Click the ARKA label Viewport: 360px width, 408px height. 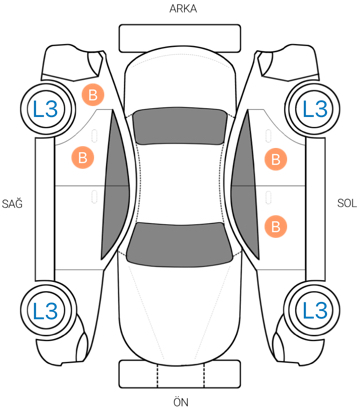(x=183, y=9)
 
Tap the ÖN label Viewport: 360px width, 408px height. (x=181, y=402)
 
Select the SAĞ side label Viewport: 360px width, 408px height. (x=12, y=203)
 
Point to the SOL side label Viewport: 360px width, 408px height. (x=347, y=203)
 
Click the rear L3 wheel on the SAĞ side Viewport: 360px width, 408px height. (x=46, y=109)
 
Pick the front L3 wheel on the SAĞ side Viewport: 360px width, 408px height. (x=46, y=311)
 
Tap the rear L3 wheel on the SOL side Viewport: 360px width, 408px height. (x=314, y=109)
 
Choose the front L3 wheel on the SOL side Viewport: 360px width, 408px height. (x=314, y=311)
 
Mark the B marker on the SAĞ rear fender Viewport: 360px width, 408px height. (x=93, y=95)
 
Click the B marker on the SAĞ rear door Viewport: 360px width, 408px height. (x=83, y=157)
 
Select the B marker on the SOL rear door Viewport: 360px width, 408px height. (x=276, y=159)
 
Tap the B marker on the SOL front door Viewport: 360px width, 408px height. (x=276, y=227)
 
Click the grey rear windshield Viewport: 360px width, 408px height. (x=180, y=127)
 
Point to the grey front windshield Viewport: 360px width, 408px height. (x=180, y=245)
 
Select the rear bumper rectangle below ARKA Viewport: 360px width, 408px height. (x=180, y=38)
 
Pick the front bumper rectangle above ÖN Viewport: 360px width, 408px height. (x=180, y=374)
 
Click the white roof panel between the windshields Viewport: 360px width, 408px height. (x=180, y=184)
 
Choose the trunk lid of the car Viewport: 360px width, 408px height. (x=180, y=80)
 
